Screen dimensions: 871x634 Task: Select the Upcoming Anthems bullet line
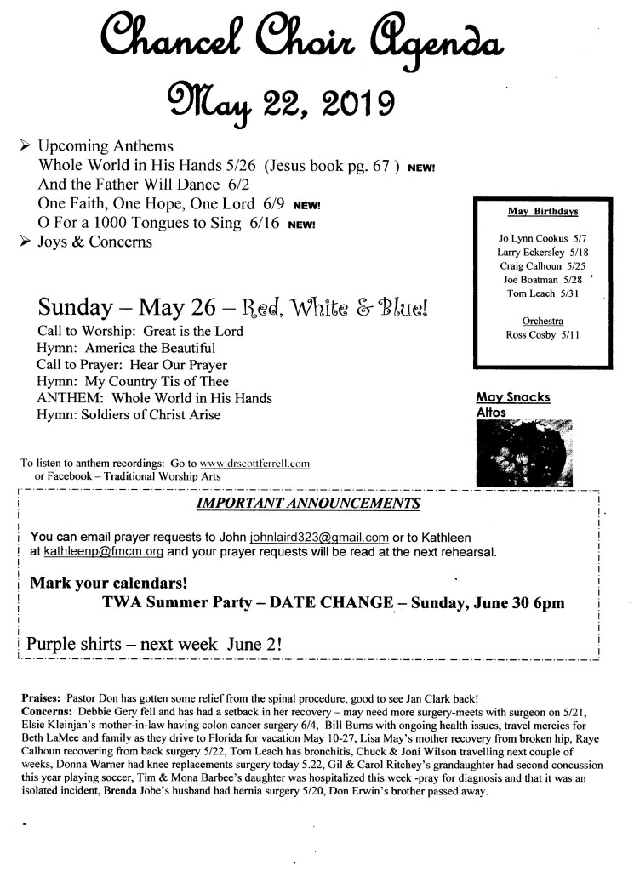click(x=106, y=145)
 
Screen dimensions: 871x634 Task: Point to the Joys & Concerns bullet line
click(x=95, y=242)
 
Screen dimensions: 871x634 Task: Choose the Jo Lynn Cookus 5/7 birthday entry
click(x=541, y=239)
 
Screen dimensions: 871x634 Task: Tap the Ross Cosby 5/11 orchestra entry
click(x=541, y=335)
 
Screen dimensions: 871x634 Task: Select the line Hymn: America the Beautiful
click(x=126, y=348)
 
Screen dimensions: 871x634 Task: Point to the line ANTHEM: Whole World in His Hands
click(x=154, y=398)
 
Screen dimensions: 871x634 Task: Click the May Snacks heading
click(x=512, y=397)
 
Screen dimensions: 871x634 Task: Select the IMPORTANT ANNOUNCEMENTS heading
click(x=307, y=504)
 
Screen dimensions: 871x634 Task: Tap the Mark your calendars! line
click(x=109, y=584)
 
